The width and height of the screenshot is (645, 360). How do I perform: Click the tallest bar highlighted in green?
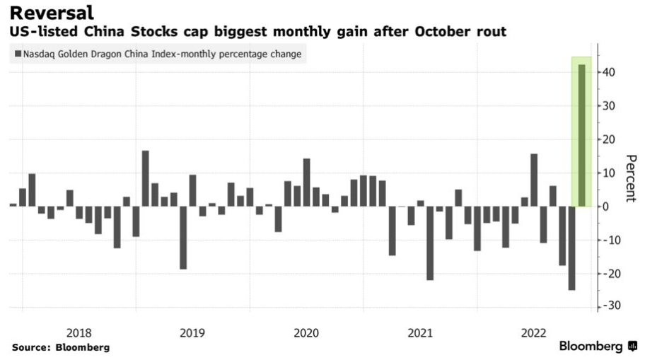581,134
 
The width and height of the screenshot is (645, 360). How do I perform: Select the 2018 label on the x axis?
79,332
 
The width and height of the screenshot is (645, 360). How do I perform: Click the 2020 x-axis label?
306,332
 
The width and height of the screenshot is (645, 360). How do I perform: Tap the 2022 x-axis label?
533,332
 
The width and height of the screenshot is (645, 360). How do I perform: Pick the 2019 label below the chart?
192,332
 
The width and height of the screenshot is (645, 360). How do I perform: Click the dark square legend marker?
18,54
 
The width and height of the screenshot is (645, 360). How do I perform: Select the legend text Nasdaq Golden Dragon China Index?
99,54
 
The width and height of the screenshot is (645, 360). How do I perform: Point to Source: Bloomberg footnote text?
61,347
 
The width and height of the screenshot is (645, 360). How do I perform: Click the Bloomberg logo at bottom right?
598,347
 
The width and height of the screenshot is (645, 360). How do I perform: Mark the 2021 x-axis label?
420,332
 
